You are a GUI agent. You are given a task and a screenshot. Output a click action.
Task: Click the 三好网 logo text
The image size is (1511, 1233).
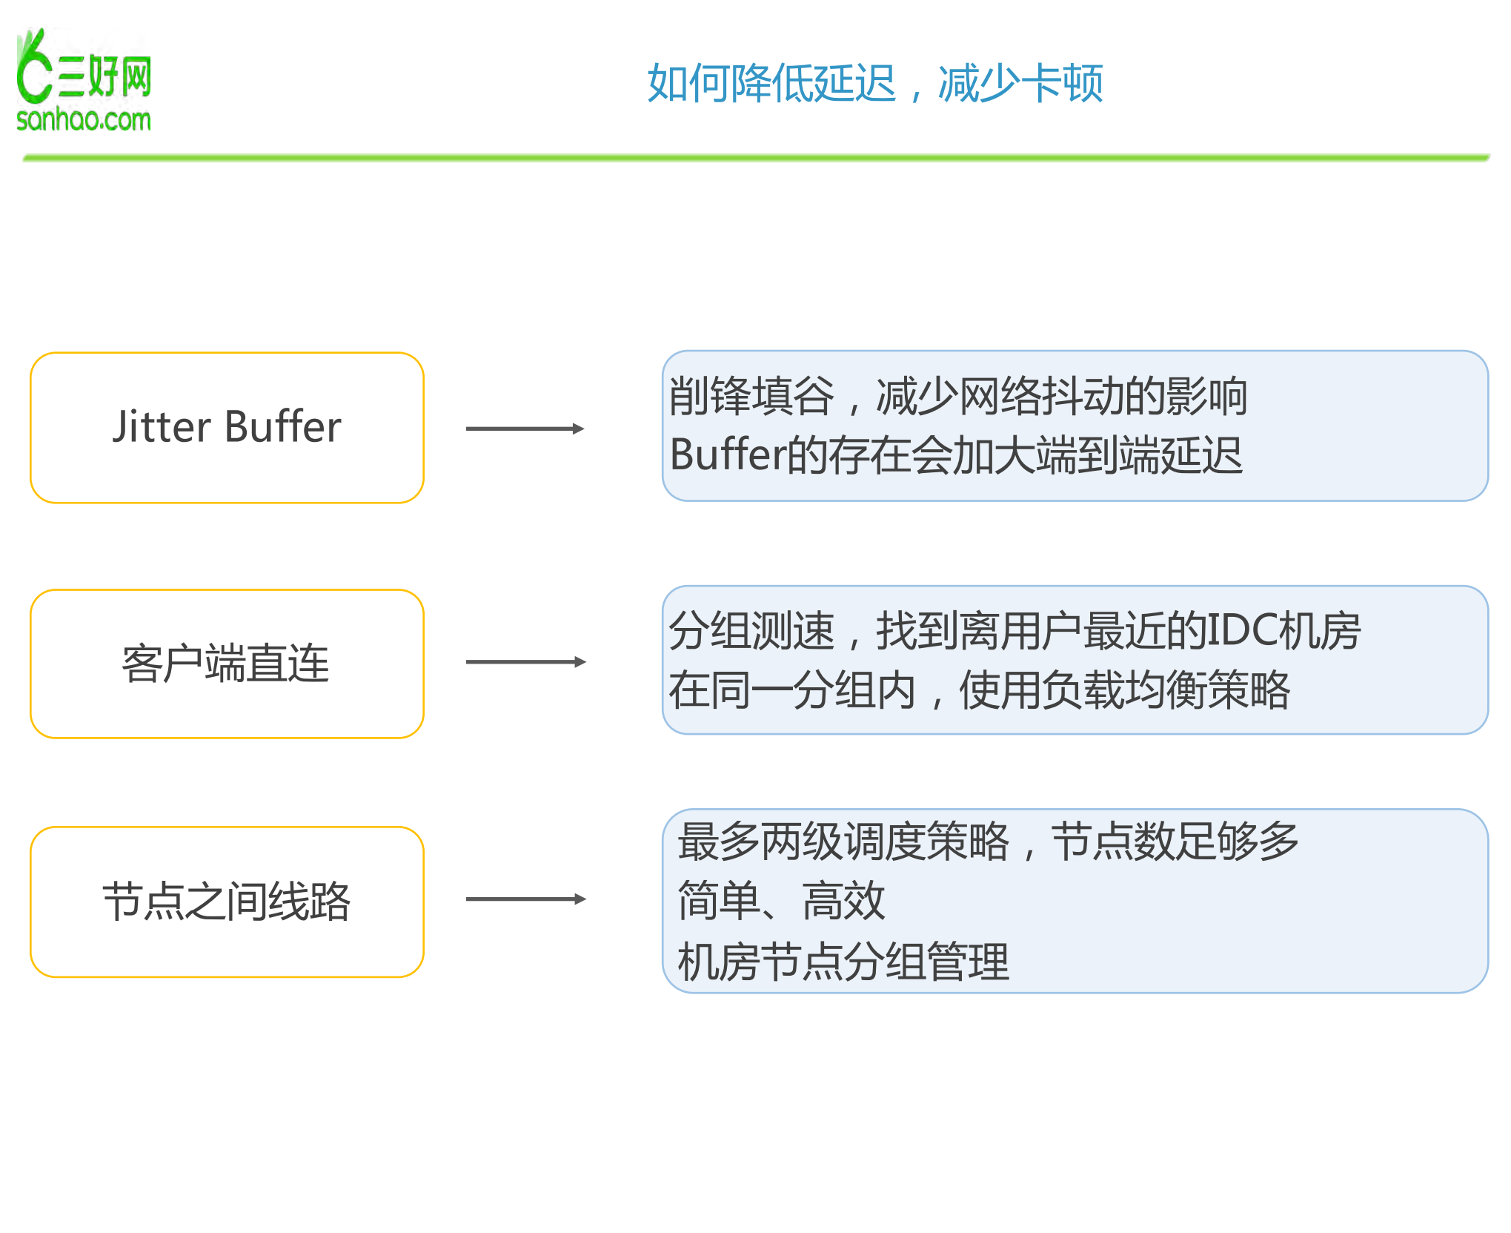click(104, 76)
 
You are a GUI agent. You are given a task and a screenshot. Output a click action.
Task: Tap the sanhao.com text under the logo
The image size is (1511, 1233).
click(84, 119)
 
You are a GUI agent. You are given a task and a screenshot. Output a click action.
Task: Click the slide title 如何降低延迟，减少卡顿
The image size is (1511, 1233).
click(874, 83)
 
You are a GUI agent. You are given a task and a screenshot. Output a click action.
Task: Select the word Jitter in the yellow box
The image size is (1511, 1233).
click(162, 428)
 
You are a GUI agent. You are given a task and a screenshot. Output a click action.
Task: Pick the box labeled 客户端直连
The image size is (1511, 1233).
click(227, 664)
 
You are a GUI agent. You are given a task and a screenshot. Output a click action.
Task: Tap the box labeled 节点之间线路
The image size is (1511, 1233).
click(227, 902)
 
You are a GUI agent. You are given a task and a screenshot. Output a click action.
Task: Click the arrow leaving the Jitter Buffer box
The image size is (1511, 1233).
click(525, 429)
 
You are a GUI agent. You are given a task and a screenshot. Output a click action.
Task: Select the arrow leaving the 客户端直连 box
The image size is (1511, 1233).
click(525, 662)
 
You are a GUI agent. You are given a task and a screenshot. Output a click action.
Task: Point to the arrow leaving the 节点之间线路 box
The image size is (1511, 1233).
click(525, 899)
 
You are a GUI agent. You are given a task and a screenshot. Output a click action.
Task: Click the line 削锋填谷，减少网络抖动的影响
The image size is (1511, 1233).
click(957, 397)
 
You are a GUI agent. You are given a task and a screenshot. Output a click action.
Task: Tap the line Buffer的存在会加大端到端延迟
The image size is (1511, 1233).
click(956, 455)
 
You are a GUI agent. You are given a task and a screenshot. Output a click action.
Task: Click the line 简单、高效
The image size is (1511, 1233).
click(781, 902)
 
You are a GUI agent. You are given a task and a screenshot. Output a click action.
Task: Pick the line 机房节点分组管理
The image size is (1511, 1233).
click(843, 962)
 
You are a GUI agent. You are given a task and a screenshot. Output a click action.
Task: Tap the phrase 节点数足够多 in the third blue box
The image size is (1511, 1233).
click(1175, 842)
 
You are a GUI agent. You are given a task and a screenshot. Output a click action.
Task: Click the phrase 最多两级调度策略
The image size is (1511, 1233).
click(843, 842)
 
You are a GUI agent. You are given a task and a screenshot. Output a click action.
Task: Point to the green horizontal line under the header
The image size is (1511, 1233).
click(756, 157)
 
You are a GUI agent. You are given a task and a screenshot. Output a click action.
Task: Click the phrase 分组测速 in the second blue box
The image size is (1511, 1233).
click(751, 632)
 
